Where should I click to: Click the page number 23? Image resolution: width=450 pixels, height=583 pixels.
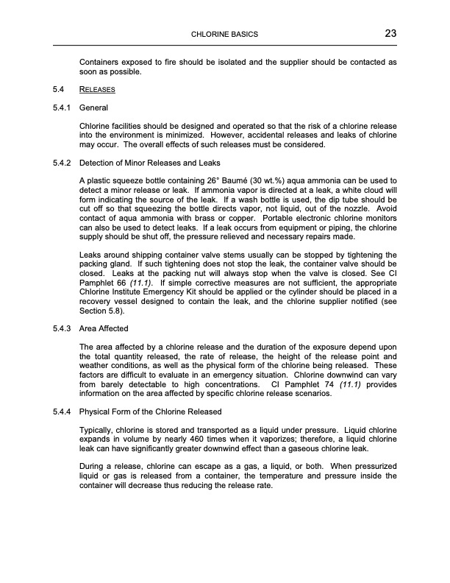[390, 34]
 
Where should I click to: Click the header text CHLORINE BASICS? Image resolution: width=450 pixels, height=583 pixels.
[224, 35]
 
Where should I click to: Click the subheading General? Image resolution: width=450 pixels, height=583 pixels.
[93, 107]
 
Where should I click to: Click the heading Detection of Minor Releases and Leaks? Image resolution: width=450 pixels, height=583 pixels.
[150, 162]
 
